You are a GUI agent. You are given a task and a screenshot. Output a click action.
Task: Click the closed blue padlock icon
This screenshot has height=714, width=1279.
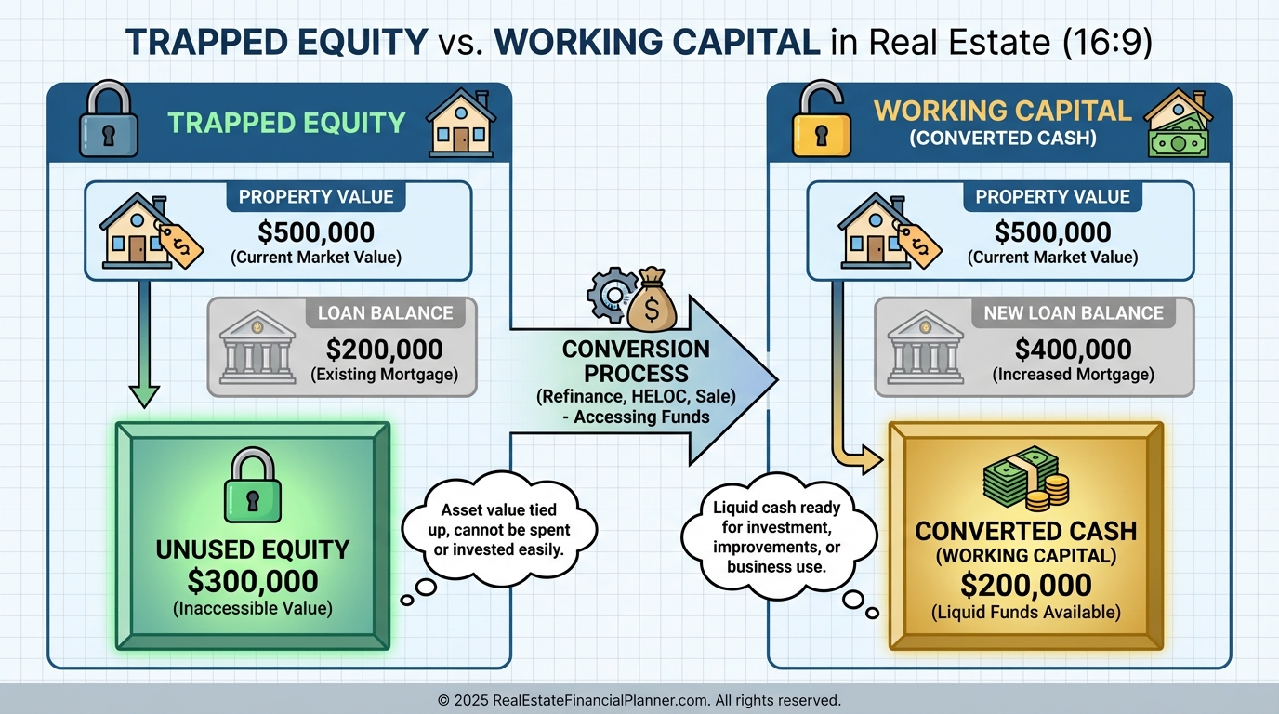point(109,119)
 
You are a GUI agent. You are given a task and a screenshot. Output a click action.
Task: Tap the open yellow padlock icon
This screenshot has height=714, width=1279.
point(821,119)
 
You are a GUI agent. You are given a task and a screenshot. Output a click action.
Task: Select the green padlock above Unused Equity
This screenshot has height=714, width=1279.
point(253,484)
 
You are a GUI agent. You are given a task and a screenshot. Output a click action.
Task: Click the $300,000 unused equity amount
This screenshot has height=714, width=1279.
point(253,581)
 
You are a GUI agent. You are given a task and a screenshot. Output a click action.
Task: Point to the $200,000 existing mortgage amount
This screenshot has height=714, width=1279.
point(384,349)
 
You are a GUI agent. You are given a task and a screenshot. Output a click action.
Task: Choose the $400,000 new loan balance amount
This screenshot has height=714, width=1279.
point(1073,349)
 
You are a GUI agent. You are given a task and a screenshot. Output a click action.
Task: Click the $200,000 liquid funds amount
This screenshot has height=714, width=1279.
point(1025,585)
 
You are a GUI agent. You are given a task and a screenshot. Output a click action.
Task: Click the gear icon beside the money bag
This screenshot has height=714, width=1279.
point(612,295)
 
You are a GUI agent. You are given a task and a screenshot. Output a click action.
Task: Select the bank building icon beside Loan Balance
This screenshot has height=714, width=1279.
point(257,347)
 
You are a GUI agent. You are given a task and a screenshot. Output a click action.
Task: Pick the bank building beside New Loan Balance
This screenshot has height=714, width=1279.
point(925,347)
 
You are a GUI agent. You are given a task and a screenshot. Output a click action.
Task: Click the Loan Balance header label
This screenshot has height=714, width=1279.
point(386,313)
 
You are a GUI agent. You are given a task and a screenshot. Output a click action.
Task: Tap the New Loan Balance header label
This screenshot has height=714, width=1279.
point(1074,313)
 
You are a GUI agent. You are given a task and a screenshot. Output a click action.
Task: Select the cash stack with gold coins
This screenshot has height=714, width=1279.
point(1026,479)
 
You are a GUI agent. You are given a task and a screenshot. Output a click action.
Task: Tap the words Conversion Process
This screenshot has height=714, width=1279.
point(636,361)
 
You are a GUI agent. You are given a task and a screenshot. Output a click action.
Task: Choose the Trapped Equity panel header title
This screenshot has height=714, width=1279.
point(286,123)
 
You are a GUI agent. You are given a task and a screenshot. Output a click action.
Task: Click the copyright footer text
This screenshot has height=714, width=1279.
point(639,700)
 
